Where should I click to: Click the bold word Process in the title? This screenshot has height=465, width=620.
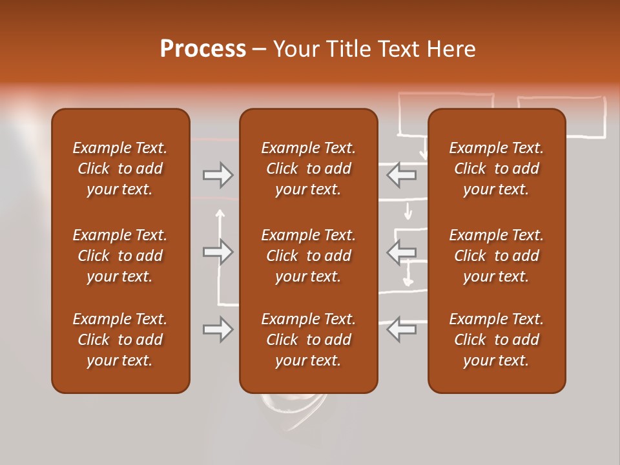point(203,48)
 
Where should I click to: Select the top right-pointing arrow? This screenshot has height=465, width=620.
point(218,174)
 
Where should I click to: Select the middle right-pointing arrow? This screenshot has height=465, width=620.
point(218,251)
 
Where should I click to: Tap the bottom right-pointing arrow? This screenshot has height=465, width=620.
point(218,329)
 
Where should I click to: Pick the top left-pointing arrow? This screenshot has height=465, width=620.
point(402,174)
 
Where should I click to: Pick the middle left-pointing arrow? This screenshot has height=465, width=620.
point(402,251)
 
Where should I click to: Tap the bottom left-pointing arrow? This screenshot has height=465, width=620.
point(402,329)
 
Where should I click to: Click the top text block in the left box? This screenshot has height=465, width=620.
point(120,169)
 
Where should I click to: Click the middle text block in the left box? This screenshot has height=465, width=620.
point(120,256)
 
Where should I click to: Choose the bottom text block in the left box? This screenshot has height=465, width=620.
point(120,340)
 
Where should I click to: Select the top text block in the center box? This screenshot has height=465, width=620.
point(308,169)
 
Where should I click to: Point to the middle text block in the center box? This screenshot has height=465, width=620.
point(308,256)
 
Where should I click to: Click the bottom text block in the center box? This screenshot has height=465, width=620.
point(308,340)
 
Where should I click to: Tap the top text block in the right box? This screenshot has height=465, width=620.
point(496,169)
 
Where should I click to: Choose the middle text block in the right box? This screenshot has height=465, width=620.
point(496,256)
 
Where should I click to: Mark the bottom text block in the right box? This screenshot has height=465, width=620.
point(496,340)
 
